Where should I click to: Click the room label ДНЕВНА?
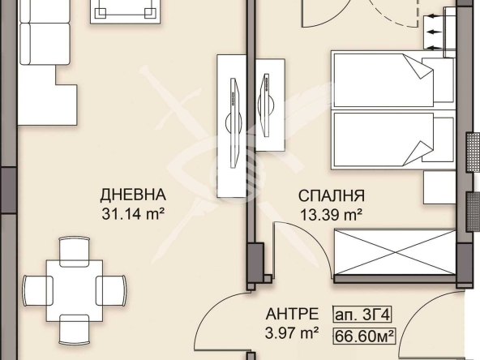point(133,195)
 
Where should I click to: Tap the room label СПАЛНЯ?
point(331,195)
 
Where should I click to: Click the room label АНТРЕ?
point(285,314)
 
